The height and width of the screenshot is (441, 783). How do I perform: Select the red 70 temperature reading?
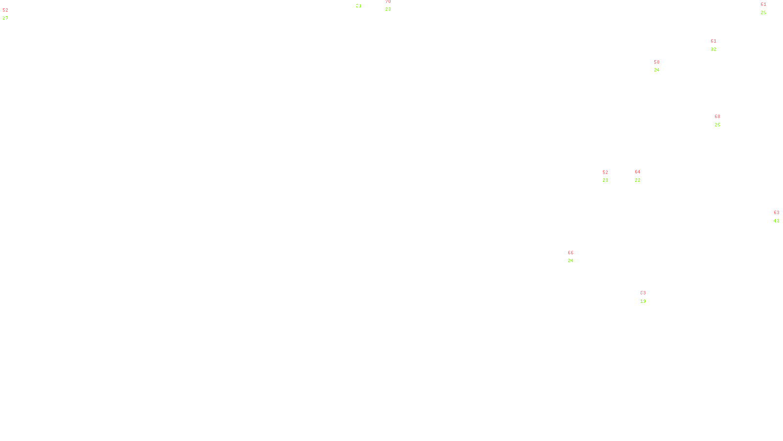388,2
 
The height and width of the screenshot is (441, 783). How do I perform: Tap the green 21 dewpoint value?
359,6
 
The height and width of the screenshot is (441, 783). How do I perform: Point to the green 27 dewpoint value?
5,18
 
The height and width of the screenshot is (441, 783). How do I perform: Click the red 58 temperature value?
657,62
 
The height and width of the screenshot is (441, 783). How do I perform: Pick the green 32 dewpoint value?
714,49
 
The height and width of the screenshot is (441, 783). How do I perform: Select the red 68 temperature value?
717,117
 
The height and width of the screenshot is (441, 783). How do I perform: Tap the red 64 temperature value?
638,172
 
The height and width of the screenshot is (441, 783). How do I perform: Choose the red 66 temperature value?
571,253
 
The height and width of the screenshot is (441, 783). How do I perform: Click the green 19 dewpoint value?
643,301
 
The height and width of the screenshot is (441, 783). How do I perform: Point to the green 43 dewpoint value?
777,221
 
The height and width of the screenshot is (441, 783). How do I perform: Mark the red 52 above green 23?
605,172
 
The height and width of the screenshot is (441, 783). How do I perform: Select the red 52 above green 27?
5,10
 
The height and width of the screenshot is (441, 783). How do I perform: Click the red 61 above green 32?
714,41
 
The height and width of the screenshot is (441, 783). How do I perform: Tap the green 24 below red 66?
571,261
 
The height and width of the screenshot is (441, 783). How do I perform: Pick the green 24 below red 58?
657,70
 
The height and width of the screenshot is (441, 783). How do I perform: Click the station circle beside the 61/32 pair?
718,45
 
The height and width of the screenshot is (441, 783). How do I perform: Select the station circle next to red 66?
576,257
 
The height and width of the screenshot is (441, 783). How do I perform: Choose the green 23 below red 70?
388,9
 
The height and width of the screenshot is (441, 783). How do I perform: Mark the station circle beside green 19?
648,297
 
